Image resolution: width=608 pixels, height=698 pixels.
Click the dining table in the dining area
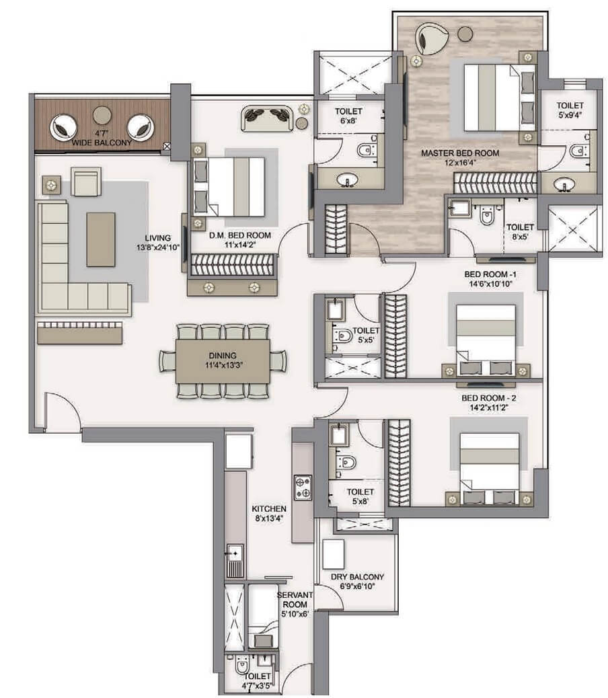(223, 361)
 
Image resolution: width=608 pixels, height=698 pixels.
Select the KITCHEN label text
(269, 514)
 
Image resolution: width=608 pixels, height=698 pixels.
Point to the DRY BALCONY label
(357, 582)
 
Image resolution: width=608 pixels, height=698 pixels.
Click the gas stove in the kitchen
(302, 488)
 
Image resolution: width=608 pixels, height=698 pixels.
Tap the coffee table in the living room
(101, 239)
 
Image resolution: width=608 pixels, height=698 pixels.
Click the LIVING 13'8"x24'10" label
(157, 242)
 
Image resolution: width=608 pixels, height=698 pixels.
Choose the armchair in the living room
(86, 182)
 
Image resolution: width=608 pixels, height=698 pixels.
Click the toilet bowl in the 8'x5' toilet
(486, 217)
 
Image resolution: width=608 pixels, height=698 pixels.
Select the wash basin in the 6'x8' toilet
(348, 179)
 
